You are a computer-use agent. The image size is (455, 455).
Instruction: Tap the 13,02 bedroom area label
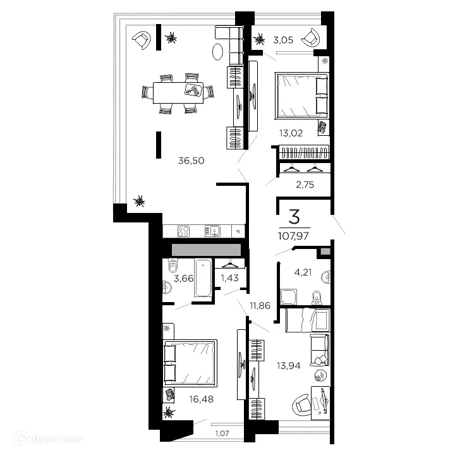pos(292,133)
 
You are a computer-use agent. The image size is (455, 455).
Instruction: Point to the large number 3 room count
pos(294,217)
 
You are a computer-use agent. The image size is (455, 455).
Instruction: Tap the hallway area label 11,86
pos(260,306)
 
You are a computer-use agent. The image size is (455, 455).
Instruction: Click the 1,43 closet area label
pos(231,278)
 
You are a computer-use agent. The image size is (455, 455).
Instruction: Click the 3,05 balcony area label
pos(283,40)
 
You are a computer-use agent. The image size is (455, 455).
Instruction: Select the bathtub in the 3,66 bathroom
pos(203,279)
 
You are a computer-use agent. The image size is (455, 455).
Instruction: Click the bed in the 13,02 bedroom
pos(301,95)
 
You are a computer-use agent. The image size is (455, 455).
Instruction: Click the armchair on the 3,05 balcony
pos(311,39)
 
